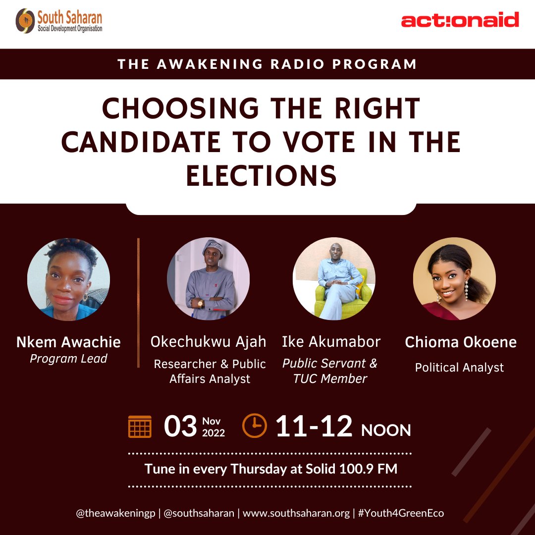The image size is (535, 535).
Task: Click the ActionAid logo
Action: pyautogui.click(x=460, y=20)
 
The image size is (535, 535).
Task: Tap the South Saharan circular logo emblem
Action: pyautogui.click(x=25, y=21)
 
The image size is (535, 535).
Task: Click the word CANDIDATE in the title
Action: pyautogui.click(x=141, y=142)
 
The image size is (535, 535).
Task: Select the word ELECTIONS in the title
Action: pyautogui.click(x=261, y=176)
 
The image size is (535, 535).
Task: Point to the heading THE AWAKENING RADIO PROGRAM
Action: pyautogui.click(x=267, y=64)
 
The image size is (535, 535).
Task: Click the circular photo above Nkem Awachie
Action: pyautogui.click(x=68, y=279)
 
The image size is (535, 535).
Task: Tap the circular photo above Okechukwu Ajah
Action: pyautogui.click(x=209, y=279)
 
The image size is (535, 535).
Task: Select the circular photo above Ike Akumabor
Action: pyautogui.click(x=334, y=279)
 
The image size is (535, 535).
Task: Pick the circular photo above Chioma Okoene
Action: pyautogui.click(x=454, y=279)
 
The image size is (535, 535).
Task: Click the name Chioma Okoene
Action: pyautogui.click(x=461, y=342)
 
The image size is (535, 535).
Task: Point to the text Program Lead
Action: pyautogui.click(x=68, y=359)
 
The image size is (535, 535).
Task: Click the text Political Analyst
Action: pyautogui.click(x=459, y=368)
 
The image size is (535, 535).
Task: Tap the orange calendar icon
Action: pyautogui.click(x=140, y=427)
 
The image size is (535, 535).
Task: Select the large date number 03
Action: pyautogui.click(x=180, y=427)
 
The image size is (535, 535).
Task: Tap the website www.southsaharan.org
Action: pyautogui.click(x=296, y=513)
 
